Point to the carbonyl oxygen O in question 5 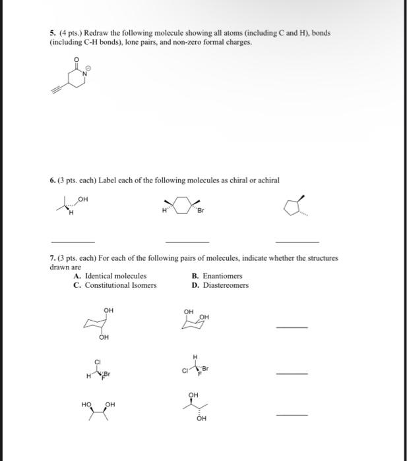tap(77, 59)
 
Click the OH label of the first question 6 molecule tap(82, 196)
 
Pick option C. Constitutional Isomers tap(115, 285)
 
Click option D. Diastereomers tap(220, 285)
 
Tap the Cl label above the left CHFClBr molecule tap(98, 362)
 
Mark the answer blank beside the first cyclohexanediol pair tap(292, 327)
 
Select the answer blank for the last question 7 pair tap(292, 415)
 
